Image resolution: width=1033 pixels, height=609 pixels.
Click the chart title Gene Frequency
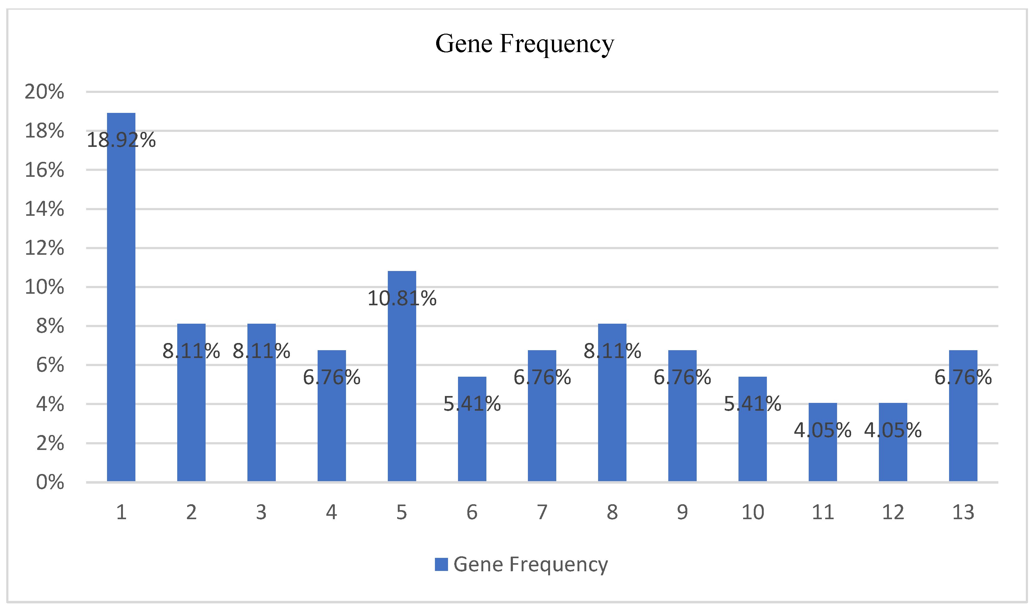(524, 44)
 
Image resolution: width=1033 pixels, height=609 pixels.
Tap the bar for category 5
(402, 390)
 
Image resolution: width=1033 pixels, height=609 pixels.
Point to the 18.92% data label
(121, 140)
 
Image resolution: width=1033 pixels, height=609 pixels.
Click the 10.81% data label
(402, 298)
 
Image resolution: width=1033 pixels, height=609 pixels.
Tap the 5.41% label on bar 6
(472, 404)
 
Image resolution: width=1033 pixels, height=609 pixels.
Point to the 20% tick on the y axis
(44, 91)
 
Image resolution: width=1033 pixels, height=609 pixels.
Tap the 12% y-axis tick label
(44, 248)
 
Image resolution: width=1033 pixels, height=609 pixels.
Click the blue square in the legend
(441, 564)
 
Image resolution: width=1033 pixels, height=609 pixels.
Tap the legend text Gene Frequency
(530, 564)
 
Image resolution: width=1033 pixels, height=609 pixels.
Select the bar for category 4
(331, 431)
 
